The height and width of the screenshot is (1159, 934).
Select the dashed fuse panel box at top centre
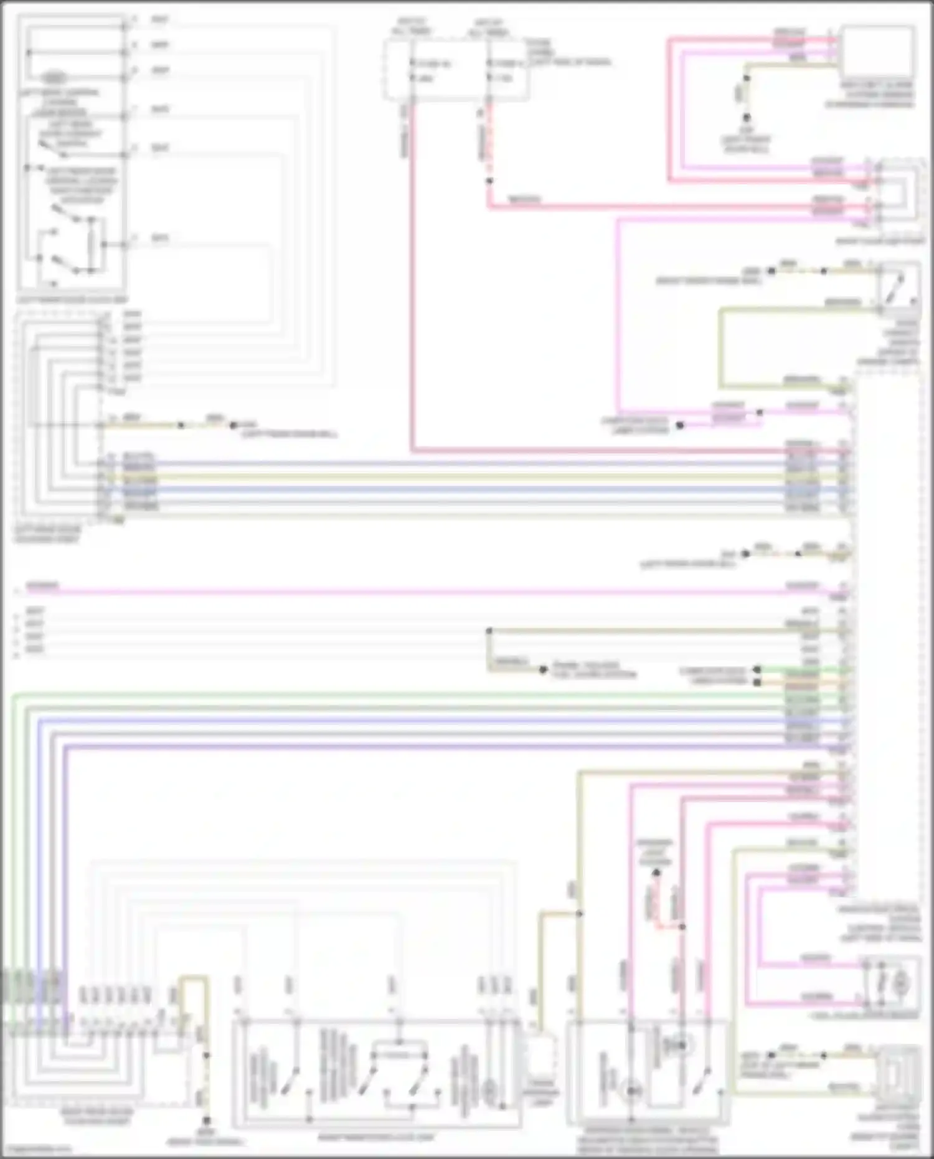456,70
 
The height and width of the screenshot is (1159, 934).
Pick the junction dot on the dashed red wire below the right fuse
489,181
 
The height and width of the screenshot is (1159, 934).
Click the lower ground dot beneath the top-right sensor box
746,117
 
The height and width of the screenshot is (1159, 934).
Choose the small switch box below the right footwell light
897,287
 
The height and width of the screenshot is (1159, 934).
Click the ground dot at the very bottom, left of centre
207,1121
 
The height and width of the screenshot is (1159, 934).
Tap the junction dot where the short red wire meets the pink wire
682,927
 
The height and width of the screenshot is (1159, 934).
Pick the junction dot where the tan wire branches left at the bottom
579,914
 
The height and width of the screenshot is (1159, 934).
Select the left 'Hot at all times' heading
412,26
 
